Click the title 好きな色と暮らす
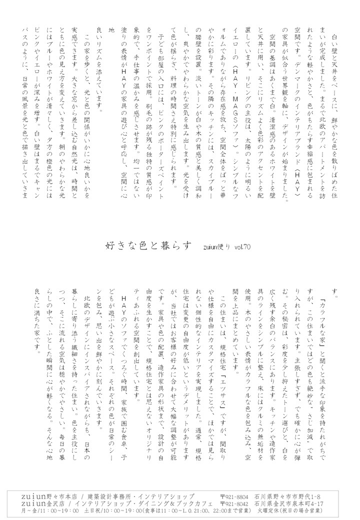pos(149,246)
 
